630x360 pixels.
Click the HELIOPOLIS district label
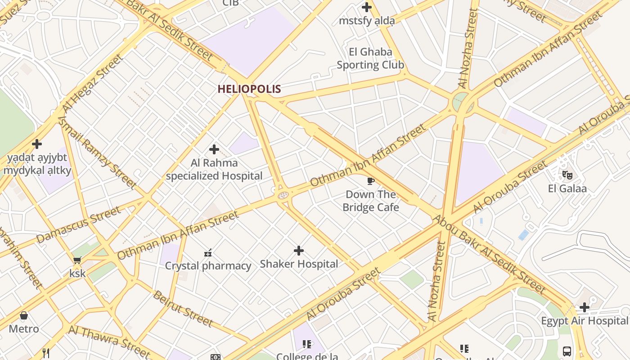click(249, 89)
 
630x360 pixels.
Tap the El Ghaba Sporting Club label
click(370, 58)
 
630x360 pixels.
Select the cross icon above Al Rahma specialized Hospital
click(214, 149)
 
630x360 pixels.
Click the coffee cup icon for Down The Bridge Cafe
click(370, 181)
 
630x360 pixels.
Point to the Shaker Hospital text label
click(299, 264)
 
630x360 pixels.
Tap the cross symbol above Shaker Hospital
click(299, 251)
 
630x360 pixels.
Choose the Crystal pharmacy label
click(208, 266)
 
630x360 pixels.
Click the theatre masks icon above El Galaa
click(567, 174)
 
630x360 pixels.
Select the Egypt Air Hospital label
click(584, 321)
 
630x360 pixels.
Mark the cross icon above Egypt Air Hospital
click(584, 307)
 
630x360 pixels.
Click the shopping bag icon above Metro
click(24, 315)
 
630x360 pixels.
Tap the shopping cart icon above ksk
click(77, 260)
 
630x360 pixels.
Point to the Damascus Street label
click(79, 225)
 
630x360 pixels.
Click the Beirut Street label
click(183, 309)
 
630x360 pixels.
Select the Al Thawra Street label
click(109, 341)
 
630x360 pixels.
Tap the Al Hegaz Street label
click(92, 84)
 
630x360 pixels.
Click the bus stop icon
click(567, 351)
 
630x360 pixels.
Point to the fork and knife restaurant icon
click(45, 353)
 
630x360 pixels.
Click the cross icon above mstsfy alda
click(367, 7)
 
